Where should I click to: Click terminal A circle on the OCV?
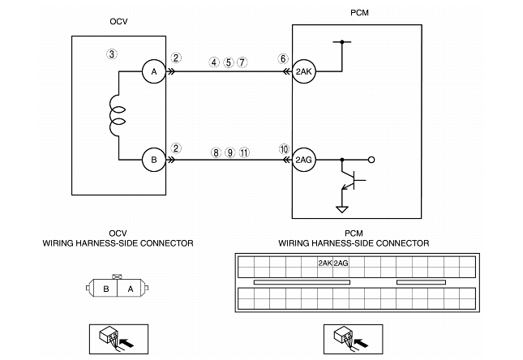coord(154,71)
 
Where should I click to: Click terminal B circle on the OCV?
coord(154,160)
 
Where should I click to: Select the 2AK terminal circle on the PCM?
coord(304,71)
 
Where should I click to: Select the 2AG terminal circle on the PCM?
coord(304,160)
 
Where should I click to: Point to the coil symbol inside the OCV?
coord(117,116)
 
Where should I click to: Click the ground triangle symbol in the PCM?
coord(342,209)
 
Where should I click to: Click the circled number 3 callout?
coord(112,54)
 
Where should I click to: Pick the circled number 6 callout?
coord(282,59)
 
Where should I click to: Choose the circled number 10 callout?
coord(284,149)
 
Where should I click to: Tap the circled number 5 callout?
coord(228,62)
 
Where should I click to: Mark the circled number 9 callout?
coord(229,152)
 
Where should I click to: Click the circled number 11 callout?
coord(244,152)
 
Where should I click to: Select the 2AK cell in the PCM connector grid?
coord(325,263)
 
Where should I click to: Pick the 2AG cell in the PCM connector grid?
coord(341,263)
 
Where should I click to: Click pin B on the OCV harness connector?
coord(105,289)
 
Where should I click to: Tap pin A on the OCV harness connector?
coord(130,289)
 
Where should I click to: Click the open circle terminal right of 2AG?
coord(371,160)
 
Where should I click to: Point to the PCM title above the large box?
coord(359,13)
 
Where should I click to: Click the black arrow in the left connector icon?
coord(126,342)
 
